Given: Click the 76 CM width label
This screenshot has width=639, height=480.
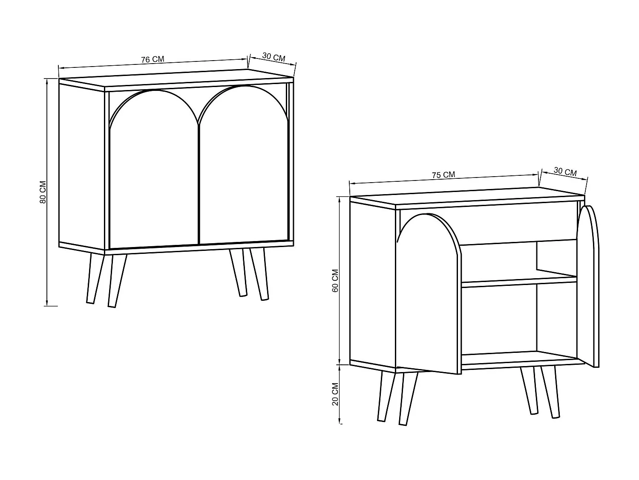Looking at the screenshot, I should (153, 59).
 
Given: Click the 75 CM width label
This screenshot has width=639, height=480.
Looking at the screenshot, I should (443, 175).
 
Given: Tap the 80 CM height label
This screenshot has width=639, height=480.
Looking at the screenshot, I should (43, 192).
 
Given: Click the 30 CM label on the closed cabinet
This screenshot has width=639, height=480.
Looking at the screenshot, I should (273, 57).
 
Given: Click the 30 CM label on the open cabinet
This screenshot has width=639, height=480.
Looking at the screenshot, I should (565, 172).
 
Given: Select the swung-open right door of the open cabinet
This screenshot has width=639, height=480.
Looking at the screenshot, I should (588, 286).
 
